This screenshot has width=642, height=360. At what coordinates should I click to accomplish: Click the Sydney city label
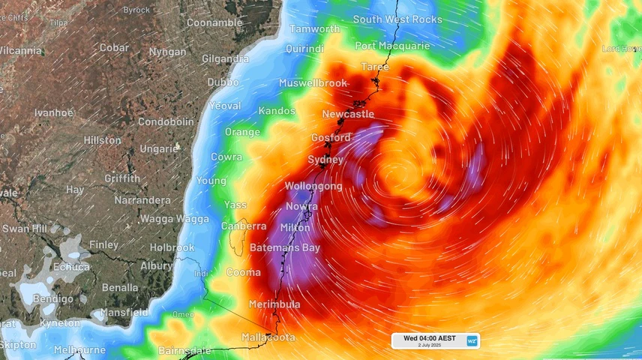[x=325, y=160]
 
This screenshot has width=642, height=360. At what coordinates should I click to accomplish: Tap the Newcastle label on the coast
[x=348, y=114]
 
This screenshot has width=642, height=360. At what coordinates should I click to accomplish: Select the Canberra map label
[x=244, y=226]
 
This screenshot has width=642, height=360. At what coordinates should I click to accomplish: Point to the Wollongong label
[x=313, y=186]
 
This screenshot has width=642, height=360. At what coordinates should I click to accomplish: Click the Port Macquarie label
[x=392, y=46]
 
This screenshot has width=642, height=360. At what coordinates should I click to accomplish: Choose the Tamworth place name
[x=314, y=29]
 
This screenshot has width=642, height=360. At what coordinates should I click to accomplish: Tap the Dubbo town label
[x=223, y=82]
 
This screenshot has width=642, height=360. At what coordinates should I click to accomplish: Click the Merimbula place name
[x=274, y=304]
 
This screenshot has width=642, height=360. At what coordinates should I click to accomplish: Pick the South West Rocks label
[x=397, y=19]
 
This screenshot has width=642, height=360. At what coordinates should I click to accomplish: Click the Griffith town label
[x=122, y=178]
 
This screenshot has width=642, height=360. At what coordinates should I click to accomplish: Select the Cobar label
[x=115, y=47]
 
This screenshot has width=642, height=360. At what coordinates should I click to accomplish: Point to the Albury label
[x=156, y=265]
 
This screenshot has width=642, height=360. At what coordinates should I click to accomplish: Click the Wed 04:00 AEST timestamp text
[x=429, y=338]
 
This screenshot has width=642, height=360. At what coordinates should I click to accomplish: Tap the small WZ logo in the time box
[x=472, y=340]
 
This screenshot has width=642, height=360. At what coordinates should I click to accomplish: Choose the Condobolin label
[x=166, y=121]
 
